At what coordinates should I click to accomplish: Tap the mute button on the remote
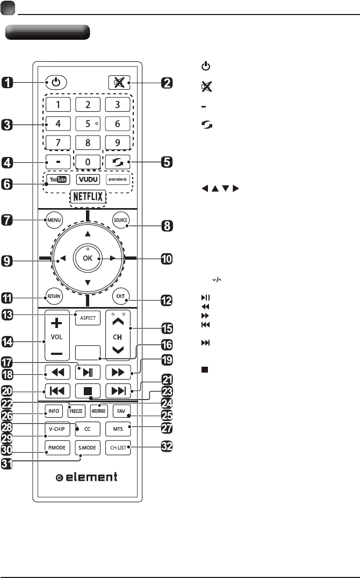click(x=118, y=83)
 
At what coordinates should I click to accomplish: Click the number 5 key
click(x=88, y=123)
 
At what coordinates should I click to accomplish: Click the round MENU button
click(x=54, y=219)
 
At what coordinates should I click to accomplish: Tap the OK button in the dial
click(x=87, y=258)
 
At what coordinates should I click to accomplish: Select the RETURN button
click(x=54, y=296)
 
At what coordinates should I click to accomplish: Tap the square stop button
click(x=87, y=390)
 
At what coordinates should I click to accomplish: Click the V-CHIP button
click(x=55, y=430)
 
